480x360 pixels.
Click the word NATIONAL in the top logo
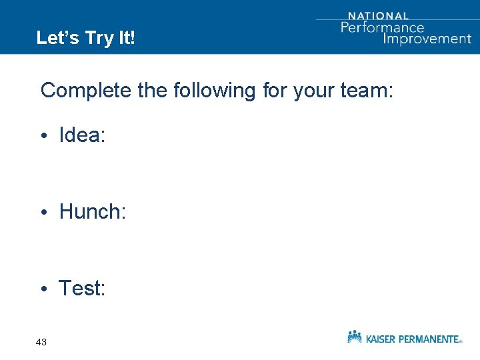[378, 16]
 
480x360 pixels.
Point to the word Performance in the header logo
[383, 27]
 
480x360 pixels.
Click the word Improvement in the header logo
[427, 38]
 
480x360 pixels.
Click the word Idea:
[82, 135]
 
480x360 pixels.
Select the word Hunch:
[93, 212]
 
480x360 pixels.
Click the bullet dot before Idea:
[43, 137]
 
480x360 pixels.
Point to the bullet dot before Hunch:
[43, 213]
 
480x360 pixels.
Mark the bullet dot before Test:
[43, 290]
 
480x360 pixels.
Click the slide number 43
[41, 342]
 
